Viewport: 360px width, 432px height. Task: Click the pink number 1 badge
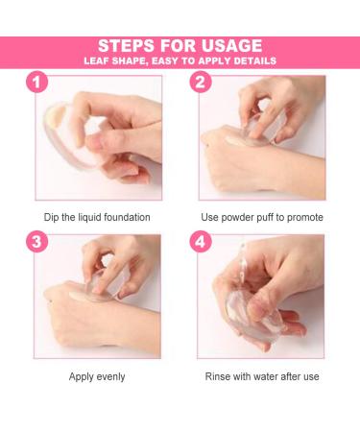tap(37, 82)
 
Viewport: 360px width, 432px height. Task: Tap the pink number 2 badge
tap(201, 82)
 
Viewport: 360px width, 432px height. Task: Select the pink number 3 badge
tap(37, 241)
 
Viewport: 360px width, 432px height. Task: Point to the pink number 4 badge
tap(201, 241)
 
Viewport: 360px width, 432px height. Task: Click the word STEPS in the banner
tap(127, 46)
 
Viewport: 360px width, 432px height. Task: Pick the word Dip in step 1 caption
tap(51, 217)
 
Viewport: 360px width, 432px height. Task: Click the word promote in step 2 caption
tap(305, 218)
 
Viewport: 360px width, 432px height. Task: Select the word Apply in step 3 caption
tap(80, 376)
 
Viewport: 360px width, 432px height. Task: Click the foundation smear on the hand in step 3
tap(77, 296)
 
